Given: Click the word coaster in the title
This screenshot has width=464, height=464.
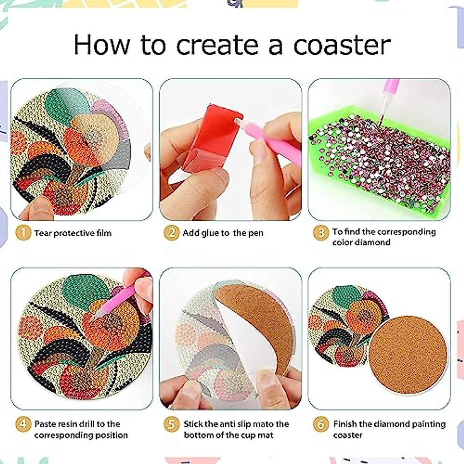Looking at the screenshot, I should tap(342, 45).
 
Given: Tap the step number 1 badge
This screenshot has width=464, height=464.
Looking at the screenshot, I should tap(23, 233).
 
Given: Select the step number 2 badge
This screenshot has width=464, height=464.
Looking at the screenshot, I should tap(171, 233).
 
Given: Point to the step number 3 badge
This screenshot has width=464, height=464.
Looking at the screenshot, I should tap(321, 233).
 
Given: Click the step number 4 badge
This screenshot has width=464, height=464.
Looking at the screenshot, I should tap(23, 424).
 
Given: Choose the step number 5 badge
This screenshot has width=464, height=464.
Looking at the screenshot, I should tap(171, 424).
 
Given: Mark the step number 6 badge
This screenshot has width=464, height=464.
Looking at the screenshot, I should tap(321, 424).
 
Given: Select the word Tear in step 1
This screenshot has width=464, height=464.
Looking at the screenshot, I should tap(43, 233).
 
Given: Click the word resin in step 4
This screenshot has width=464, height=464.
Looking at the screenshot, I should tap(70, 424).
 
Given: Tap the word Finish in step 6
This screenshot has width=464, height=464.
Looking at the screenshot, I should tap(345, 424).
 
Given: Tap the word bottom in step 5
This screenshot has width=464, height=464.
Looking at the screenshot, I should tap(201, 435).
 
